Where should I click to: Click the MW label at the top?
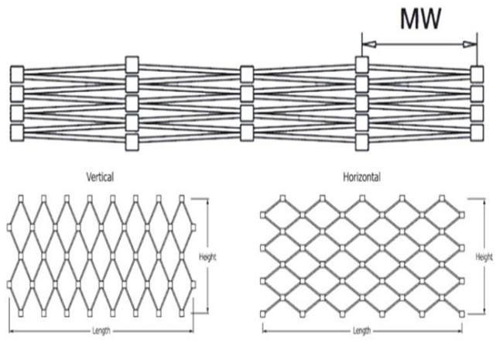click(420, 19)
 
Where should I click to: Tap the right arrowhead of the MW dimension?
click(470, 44)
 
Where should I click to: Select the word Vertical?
click(100, 177)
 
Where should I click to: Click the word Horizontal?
click(362, 177)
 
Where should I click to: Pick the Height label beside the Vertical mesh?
click(207, 257)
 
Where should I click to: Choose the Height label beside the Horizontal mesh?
click(484, 257)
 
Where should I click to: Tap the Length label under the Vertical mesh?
click(101, 331)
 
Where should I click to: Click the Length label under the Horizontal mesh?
click(362, 331)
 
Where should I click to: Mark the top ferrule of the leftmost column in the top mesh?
click(17, 74)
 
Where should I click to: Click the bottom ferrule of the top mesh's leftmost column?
click(17, 132)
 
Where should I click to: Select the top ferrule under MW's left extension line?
click(362, 64)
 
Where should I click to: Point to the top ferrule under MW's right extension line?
click(477, 74)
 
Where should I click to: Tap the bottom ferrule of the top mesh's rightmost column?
click(477, 132)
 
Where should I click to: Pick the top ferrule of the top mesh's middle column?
click(247, 74)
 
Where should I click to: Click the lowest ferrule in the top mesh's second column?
click(132, 142)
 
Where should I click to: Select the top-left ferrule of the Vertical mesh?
click(21, 199)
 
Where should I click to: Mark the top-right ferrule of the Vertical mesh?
click(182, 199)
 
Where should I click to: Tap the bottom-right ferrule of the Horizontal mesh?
click(462, 314)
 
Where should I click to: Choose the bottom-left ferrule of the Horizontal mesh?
click(263, 314)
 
